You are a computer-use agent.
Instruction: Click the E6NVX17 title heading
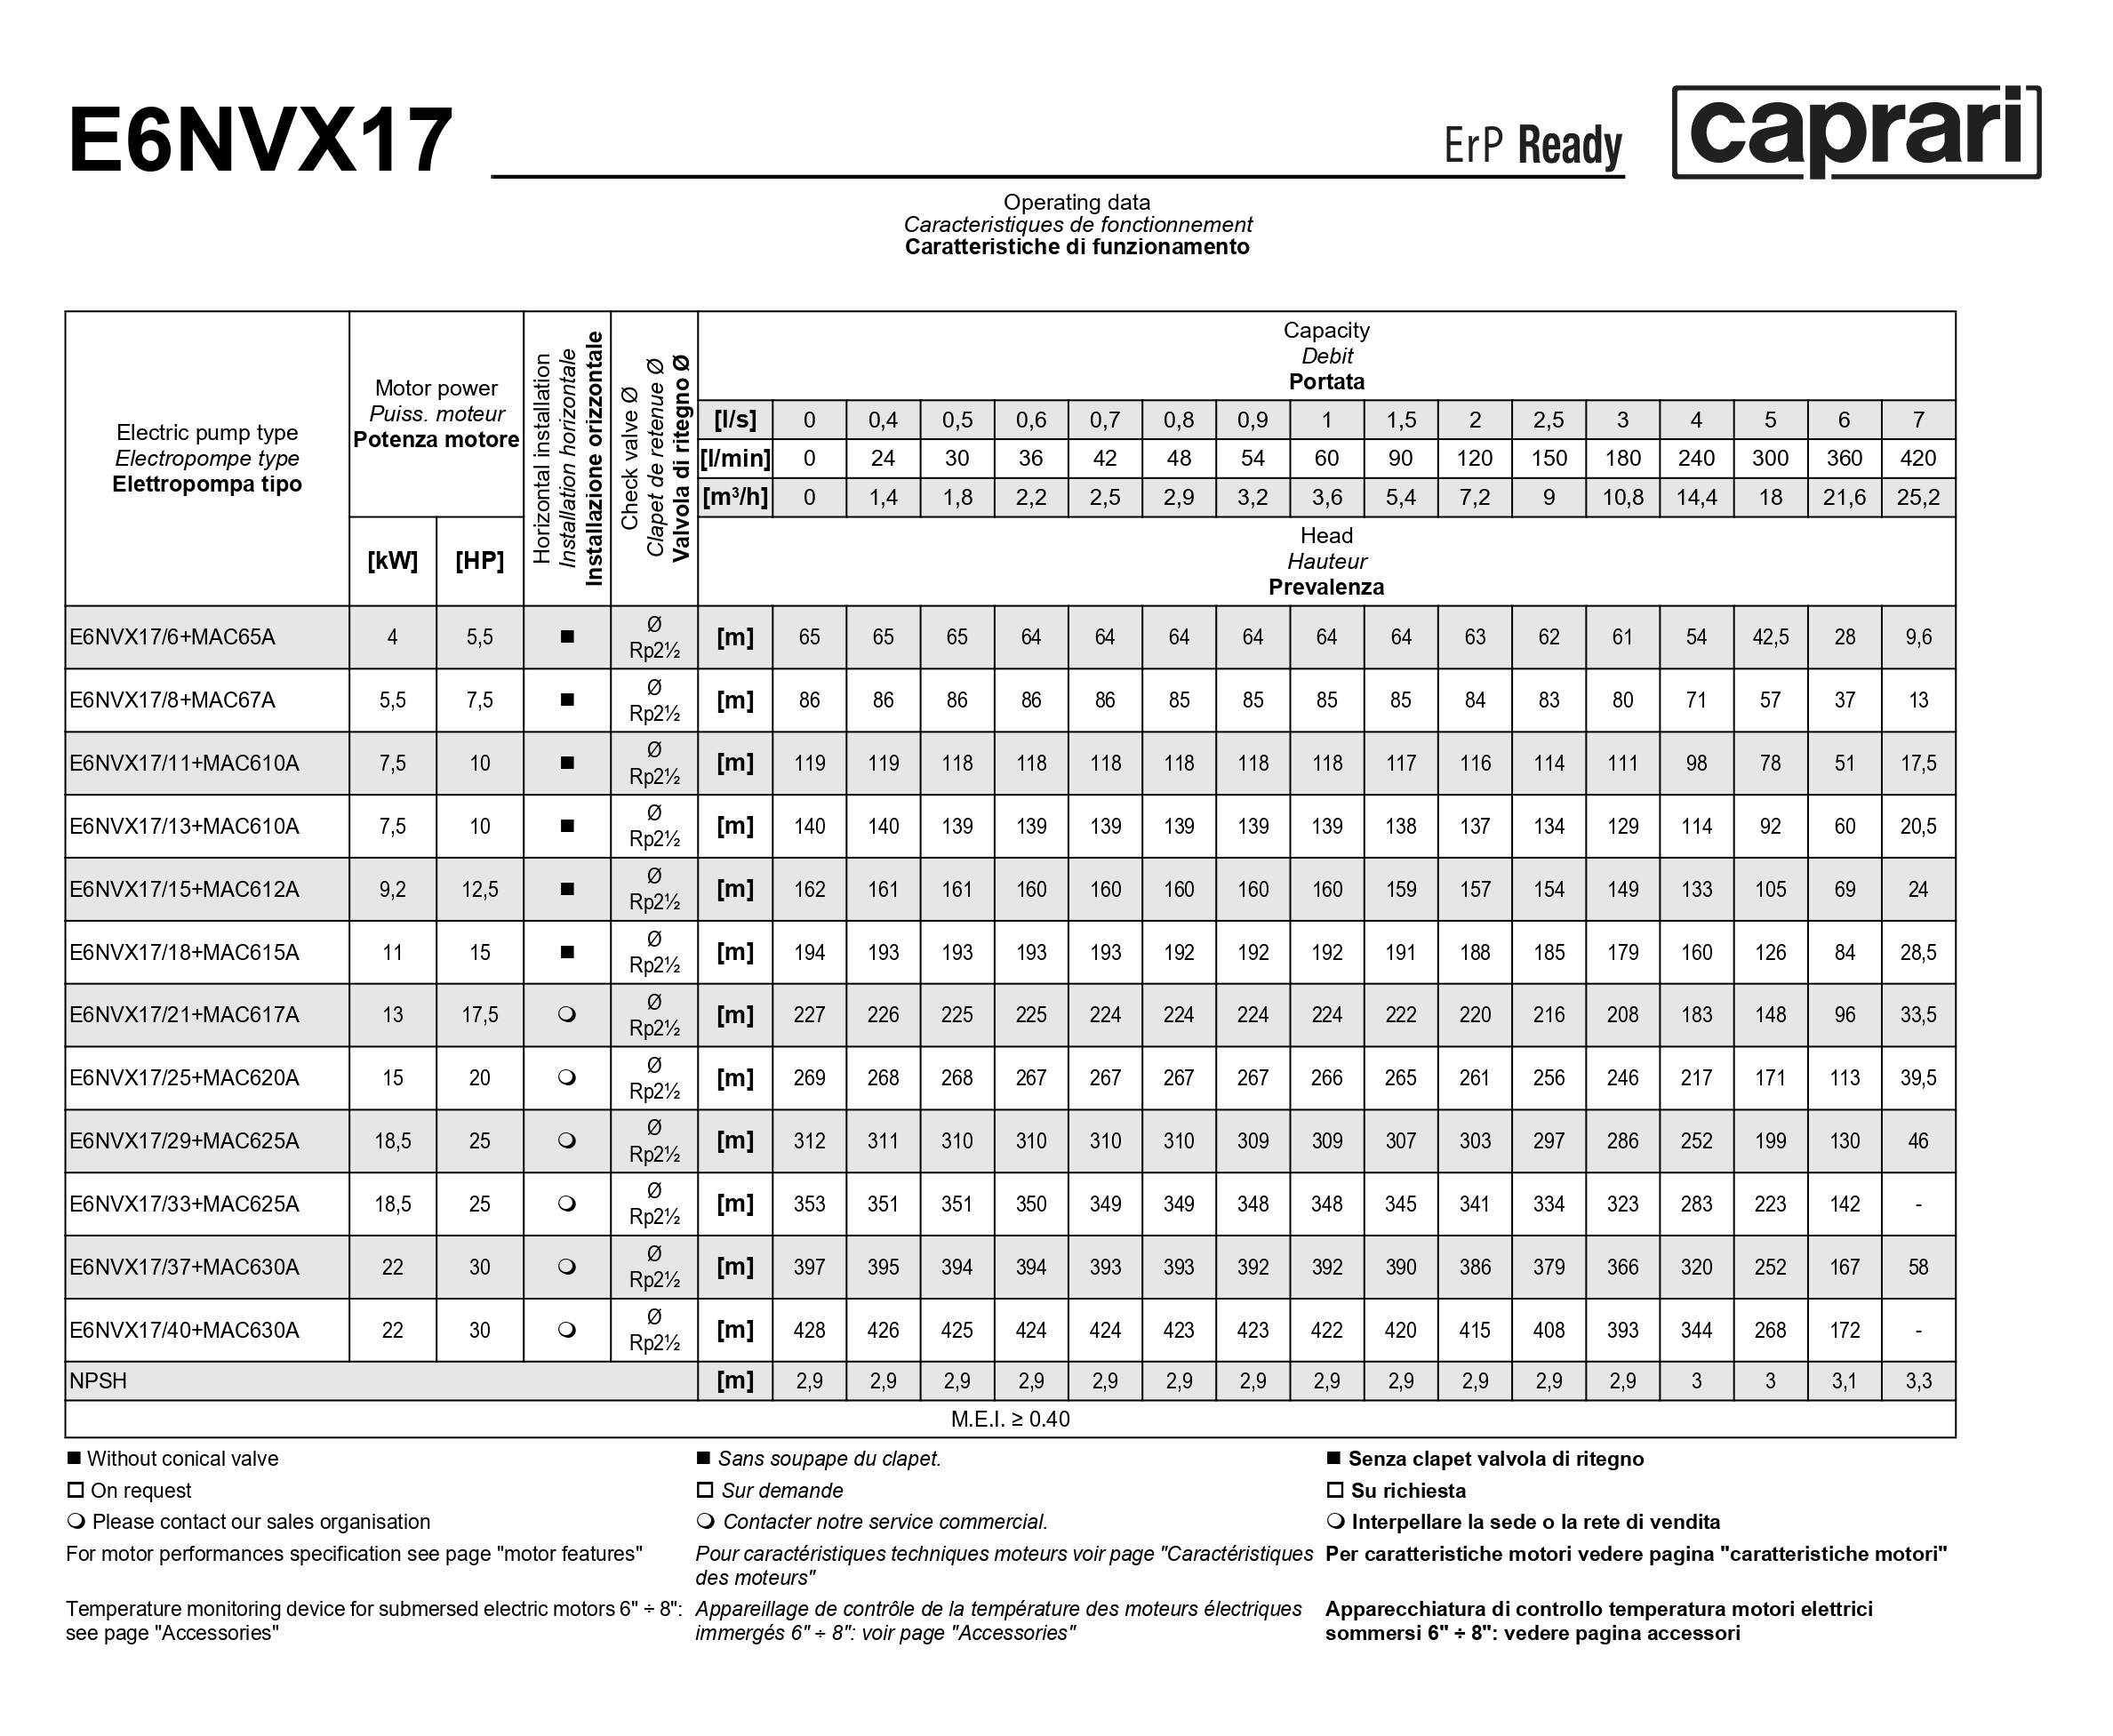click(260, 141)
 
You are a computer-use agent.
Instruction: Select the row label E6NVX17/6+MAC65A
click(172, 637)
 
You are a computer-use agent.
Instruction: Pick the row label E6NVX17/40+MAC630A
click(184, 1330)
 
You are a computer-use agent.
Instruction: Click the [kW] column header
click(392, 561)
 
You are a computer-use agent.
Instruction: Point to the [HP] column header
click(479, 561)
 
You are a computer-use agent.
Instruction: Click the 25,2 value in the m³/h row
click(1917, 497)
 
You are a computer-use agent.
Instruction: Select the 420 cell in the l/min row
click(1917, 458)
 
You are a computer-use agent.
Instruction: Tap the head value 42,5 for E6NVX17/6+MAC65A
click(1770, 637)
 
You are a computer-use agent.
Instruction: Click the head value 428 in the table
click(809, 1330)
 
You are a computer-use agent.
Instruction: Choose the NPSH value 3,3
click(1917, 1381)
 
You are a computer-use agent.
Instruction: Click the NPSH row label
click(98, 1381)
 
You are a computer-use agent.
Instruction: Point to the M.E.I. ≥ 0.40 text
click(1010, 1419)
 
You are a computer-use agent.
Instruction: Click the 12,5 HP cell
click(479, 889)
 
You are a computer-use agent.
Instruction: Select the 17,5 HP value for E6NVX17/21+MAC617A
click(479, 1015)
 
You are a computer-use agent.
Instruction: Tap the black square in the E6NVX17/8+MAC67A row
click(567, 700)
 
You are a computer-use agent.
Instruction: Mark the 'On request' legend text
click(140, 1490)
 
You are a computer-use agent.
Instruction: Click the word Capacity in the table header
click(1326, 330)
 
